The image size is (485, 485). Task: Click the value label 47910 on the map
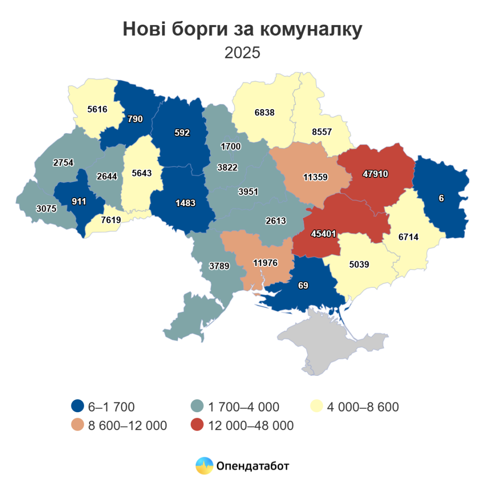tap(376, 174)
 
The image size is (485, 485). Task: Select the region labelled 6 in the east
tap(441, 198)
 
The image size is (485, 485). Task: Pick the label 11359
tap(315, 177)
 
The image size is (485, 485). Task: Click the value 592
tap(182, 133)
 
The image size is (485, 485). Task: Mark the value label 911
tap(79, 201)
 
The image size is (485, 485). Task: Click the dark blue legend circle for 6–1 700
tap(78, 407)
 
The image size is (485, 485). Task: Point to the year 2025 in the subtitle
tap(242, 53)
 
